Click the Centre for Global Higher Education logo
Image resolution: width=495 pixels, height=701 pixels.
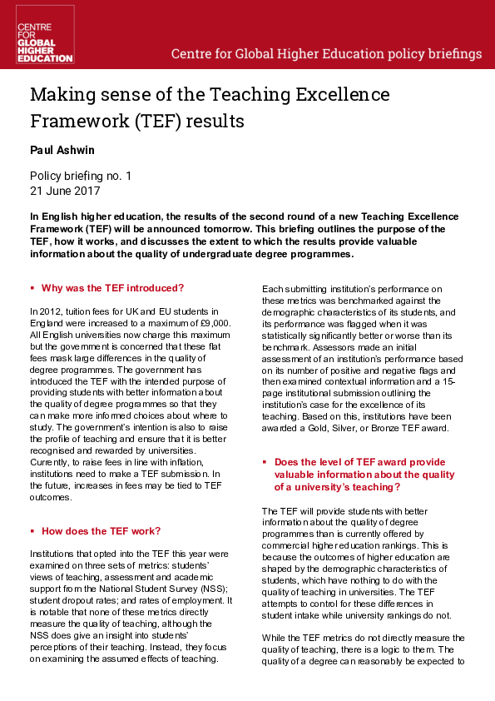point(45,35)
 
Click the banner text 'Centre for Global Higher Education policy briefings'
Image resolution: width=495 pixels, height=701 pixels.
point(326,54)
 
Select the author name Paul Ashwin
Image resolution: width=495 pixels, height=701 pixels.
point(63,151)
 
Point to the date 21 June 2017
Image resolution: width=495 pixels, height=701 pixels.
point(64,190)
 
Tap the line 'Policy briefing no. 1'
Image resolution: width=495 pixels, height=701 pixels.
point(80,176)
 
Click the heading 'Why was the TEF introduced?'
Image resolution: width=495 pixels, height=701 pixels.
point(112,288)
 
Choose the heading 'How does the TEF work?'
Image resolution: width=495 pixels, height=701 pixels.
point(101,530)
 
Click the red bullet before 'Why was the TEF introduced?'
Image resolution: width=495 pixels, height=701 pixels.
point(32,288)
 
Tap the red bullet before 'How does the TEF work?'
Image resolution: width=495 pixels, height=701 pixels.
point(32,530)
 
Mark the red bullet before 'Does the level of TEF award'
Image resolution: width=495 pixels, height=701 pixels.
point(265,461)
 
